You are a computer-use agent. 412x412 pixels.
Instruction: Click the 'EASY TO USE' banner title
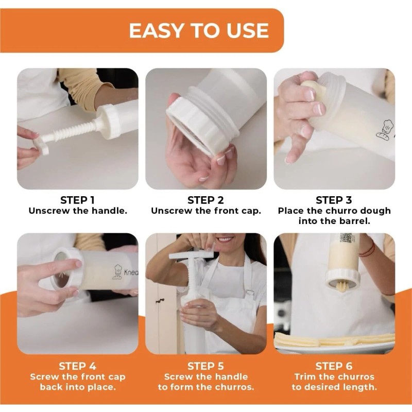click(x=199, y=30)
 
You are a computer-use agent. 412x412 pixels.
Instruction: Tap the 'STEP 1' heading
click(x=77, y=200)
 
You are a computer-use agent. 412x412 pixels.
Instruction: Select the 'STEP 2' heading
click(x=205, y=200)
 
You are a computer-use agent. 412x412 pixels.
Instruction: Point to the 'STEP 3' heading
click(x=334, y=200)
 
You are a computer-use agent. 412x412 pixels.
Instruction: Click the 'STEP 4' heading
click(x=78, y=366)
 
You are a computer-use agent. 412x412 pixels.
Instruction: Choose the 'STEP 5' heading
click(x=205, y=366)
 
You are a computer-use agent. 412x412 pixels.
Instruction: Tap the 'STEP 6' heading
click(x=334, y=366)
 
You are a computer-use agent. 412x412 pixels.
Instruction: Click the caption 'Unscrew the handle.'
click(x=78, y=211)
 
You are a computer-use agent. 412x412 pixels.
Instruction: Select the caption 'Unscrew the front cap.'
click(x=205, y=211)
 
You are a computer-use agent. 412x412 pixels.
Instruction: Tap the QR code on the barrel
click(x=346, y=238)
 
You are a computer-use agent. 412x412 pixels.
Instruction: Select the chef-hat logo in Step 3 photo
click(x=385, y=129)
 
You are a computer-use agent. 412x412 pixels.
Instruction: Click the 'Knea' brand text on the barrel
click(x=131, y=272)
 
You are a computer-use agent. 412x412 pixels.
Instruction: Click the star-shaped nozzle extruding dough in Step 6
click(x=342, y=286)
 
